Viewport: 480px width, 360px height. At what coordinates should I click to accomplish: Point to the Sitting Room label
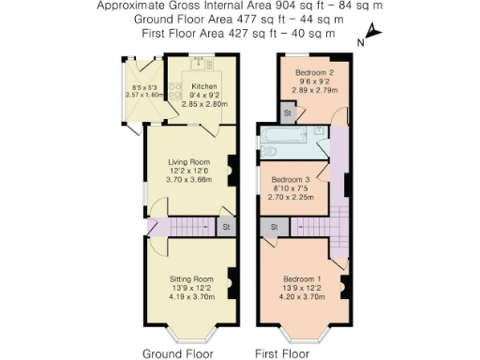pos(191,278)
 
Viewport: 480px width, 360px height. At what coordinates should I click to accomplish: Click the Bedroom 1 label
pos(307,278)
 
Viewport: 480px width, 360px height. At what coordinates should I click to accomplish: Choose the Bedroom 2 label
pos(308,72)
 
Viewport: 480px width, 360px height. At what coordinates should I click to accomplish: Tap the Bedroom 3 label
pos(290,179)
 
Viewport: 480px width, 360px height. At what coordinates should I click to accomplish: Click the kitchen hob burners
pos(199,65)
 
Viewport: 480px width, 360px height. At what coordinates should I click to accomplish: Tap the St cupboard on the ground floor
pos(226,227)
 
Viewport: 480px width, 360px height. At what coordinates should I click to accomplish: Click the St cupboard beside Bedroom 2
pos(288,112)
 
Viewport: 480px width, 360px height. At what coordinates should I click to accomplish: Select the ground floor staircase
pos(192,227)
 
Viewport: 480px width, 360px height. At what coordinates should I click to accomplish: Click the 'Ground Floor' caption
pos(177,353)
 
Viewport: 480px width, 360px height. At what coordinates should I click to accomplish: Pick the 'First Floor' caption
pos(282,353)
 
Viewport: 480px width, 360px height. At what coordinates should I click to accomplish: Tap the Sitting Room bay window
pos(191,336)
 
